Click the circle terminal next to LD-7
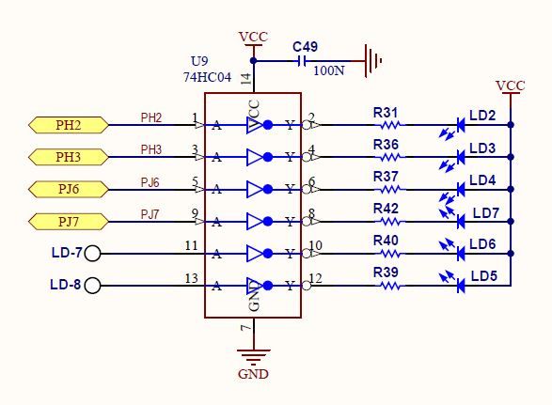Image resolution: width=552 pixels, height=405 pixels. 92,254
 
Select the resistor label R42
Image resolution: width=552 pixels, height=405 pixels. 386,209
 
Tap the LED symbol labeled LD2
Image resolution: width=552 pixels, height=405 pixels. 461,124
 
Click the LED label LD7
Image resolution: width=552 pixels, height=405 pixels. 485,213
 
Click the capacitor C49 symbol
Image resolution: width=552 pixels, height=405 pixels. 302,61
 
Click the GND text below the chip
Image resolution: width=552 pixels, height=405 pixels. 253,373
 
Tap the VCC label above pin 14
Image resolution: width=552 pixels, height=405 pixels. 253,37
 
